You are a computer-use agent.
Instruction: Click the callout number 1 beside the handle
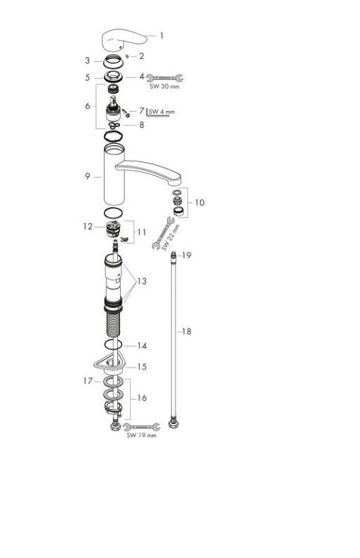coord(162,35)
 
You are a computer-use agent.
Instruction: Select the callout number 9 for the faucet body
coord(88,177)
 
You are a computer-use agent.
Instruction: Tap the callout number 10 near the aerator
coord(200,202)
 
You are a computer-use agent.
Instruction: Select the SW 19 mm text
coord(142,435)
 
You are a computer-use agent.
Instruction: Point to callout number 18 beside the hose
coord(187,331)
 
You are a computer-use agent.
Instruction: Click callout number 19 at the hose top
coord(187,256)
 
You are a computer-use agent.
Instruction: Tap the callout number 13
coord(142,281)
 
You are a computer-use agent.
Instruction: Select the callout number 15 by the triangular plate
coord(142,366)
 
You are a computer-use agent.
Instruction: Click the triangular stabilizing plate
coord(106,363)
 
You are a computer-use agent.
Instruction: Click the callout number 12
coord(88,226)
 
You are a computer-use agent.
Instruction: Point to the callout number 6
coord(88,106)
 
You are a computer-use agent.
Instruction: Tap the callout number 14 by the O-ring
coord(142,345)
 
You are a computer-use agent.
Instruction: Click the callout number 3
coord(88,60)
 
